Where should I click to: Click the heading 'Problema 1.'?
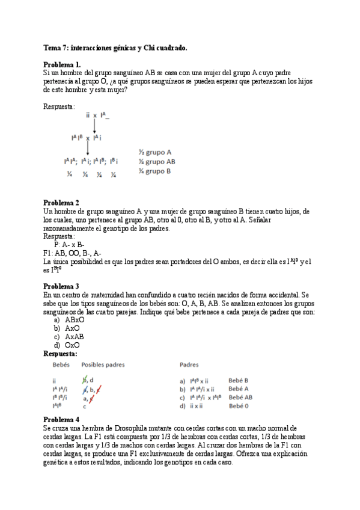click(x=62, y=64)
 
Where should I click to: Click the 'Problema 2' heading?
click(x=61, y=203)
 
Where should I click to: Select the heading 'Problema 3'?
click(x=61, y=287)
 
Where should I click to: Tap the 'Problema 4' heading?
click(x=61, y=419)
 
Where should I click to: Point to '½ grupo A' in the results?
click(x=154, y=152)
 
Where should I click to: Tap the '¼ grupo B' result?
click(x=154, y=171)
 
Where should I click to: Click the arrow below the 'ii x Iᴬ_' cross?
click(x=95, y=124)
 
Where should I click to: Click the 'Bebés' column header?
click(x=61, y=364)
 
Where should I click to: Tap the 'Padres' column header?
click(x=190, y=364)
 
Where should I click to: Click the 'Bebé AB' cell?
click(x=240, y=398)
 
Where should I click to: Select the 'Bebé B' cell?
click(x=239, y=381)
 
